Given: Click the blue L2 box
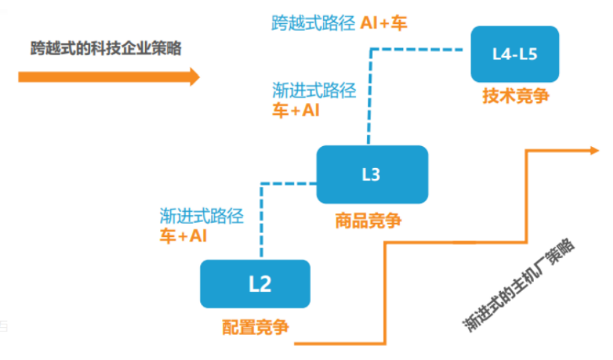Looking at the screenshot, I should pyautogui.click(x=255, y=284).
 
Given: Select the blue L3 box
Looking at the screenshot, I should pyautogui.click(x=372, y=175).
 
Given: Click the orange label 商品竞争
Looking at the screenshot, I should pyautogui.click(x=368, y=221).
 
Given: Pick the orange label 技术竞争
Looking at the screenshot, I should pyautogui.click(x=516, y=96).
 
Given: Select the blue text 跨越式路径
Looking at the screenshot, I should pyautogui.click(x=313, y=23).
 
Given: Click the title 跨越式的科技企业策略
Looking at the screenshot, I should pyautogui.click(x=106, y=49).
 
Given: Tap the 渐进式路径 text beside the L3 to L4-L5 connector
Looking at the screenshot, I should pyautogui.click(x=314, y=90).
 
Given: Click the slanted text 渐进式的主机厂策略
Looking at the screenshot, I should pyautogui.click(x=518, y=283).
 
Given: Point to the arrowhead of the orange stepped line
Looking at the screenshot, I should pyautogui.click(x=595, y=150).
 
